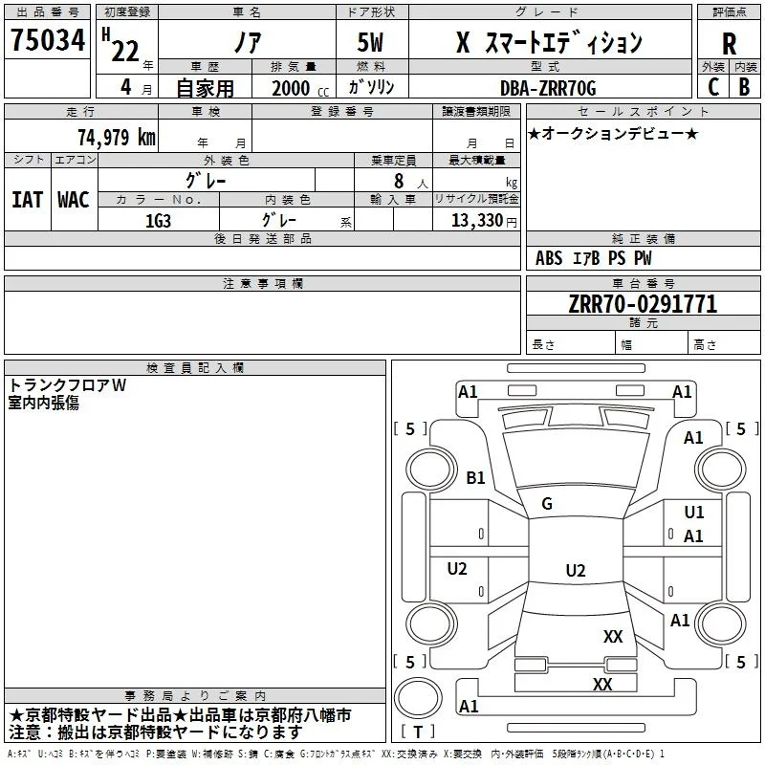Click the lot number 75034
coord(48,39)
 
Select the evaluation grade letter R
coord(729,44)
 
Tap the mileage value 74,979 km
coord(117,137)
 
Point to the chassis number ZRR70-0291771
coord(643,304)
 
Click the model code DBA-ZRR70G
coord(548,88)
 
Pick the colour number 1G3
coord(158,221)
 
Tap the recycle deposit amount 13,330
coord(477,220)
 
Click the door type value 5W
coord(370,42)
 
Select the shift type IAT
coord(28,200)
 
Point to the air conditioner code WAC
coord(74,200)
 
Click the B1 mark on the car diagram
coord(475,477)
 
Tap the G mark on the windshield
coord(547,503)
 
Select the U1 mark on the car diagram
coord(694,512)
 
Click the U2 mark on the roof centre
coord(576,570)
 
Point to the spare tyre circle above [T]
coord(418,698)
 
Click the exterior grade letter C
coord(713,87)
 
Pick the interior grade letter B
coord(744,87)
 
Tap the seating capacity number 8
coord(399,181)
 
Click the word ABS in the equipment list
coord(549,258)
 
